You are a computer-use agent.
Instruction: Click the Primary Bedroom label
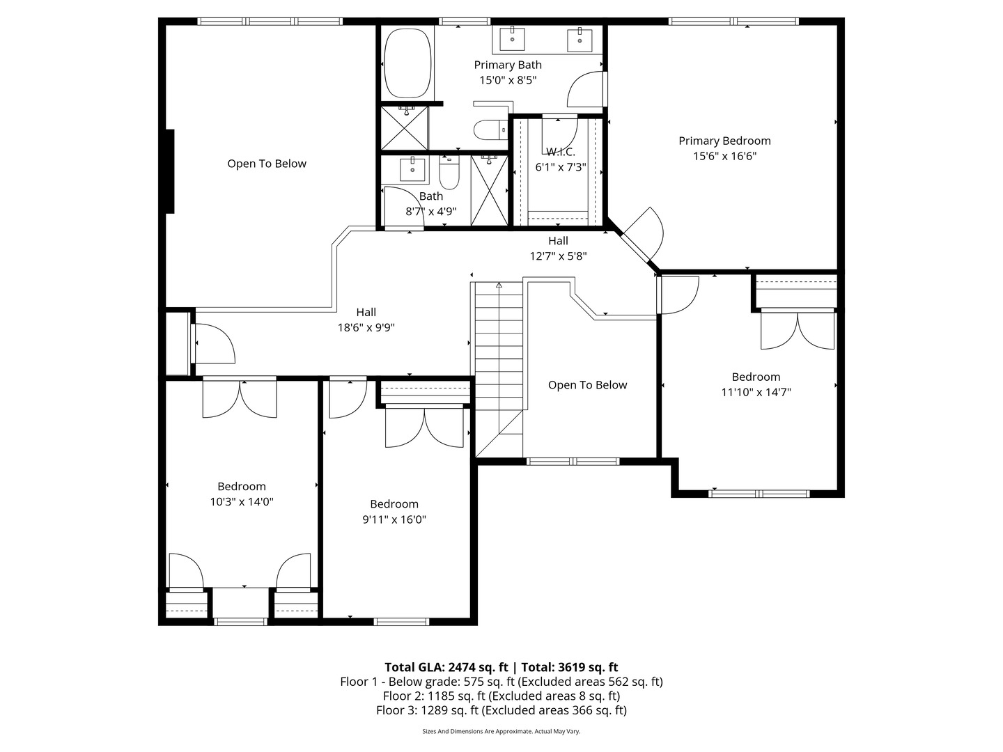tap(724, 141)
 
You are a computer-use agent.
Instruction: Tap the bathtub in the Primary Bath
tap(408, 63)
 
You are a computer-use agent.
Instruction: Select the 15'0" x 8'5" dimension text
tap(508, 80)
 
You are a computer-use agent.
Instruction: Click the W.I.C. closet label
tap(560, 152)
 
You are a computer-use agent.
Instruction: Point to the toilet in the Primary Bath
tap(488, 130)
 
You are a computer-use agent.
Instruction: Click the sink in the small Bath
tap(412, 169)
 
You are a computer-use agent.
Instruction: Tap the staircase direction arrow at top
tap(499, 285)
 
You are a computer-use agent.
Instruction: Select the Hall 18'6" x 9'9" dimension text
tap(366, 327)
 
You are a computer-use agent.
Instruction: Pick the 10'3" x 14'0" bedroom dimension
tap(242, 501)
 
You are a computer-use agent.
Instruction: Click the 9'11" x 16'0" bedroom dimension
tap(394, 519)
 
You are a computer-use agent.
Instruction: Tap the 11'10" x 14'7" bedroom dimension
tap(756, 392)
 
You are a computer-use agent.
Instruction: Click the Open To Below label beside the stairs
tap(587, 385)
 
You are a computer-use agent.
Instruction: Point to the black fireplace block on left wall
tap(169, 171)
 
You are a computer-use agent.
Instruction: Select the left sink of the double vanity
tap(513, 38)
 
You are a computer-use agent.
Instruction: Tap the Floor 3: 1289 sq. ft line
tap(501, 710)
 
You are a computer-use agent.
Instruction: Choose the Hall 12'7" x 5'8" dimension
tap(558, 256)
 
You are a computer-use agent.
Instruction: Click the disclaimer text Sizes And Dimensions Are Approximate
tap(501, 731)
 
